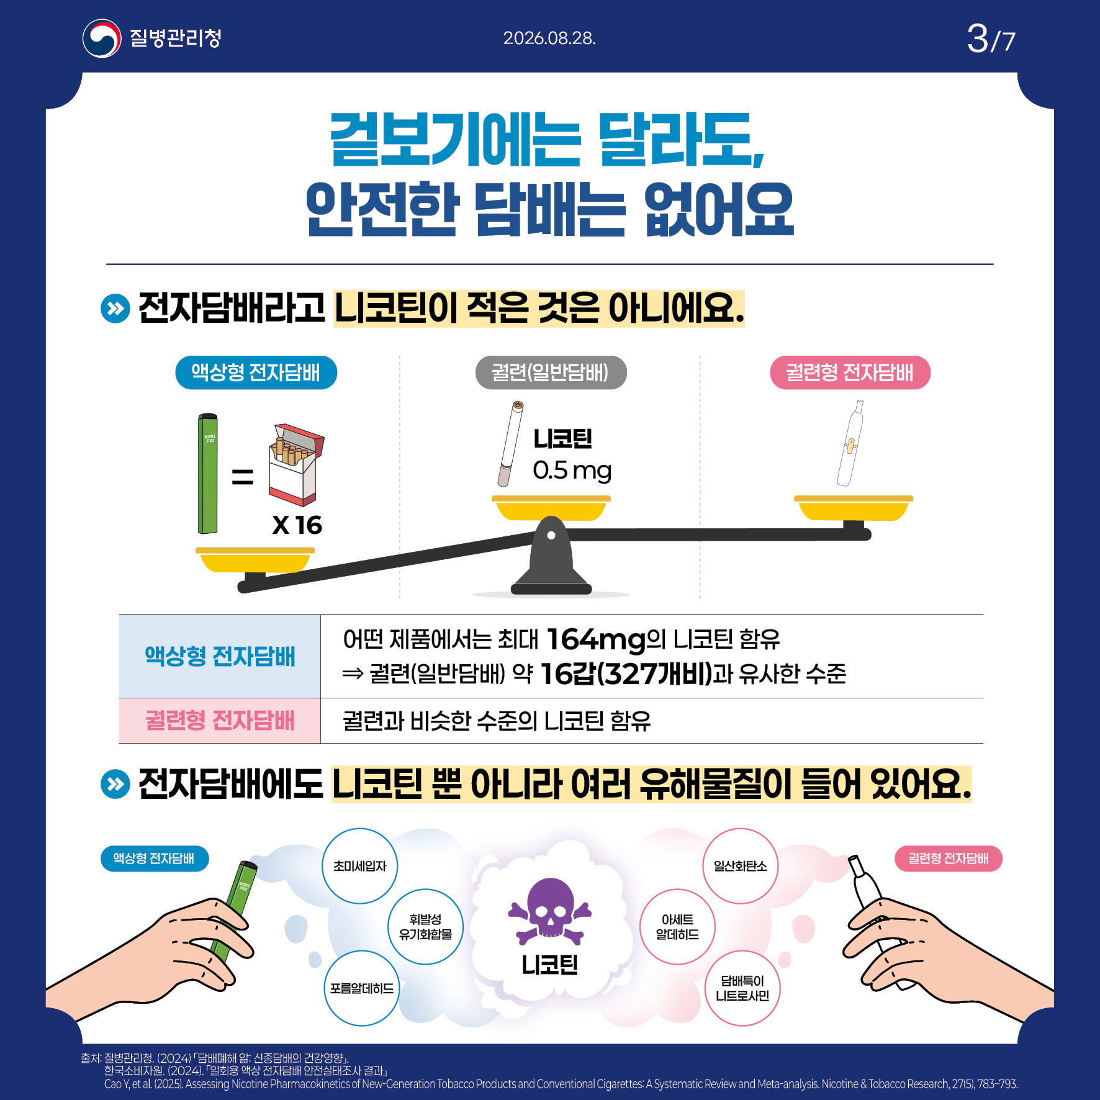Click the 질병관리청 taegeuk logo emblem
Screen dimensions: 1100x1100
pyautogui.click(x=102, y=38)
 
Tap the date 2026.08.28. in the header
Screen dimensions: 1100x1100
pyautogui.click(x=549, y=38)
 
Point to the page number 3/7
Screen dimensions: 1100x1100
pyautogui.click(x=991, y=39)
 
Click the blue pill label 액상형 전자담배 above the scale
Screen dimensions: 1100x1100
pyautogui.click(x=256, y=372)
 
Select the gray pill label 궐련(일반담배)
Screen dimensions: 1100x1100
pyautogui.click(x=551, y=372)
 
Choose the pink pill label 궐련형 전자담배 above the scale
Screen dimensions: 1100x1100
pyautogui.click(x=850, y=372)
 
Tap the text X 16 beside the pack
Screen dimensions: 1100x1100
pyautogui.click(x=297, y=525)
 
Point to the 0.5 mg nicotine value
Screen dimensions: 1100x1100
pyautogui.click(x=572, y=471)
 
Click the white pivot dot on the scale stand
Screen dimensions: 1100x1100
pyautogui.click(x=551, y=535)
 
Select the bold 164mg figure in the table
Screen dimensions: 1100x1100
pyautogui.click(x=596, y=639)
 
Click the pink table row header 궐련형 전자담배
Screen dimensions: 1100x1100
pyautogui.click(x=220, y=721)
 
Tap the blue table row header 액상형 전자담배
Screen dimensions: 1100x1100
pyautogui.click(x=220, y=656)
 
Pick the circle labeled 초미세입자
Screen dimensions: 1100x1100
pyautogui.click(x=359, y=866)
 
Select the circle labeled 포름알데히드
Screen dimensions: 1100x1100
pyautogui.click(x=362, y=988)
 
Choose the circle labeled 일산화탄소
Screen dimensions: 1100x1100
pyautogui.click(x=740, y=866)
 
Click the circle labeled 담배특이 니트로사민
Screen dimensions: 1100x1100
pyautogui.click(x=742, y=988)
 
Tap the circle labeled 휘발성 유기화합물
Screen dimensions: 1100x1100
pyautogui.click(x=425, y=927)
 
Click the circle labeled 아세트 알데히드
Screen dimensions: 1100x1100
pyautogui.click(x=677, y=927)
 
